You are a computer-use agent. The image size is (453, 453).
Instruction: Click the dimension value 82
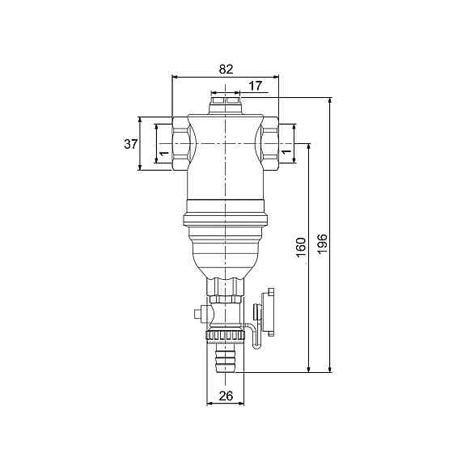click(x=226, y=70)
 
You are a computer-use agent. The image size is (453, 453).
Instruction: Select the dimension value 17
click(x=256, y=86)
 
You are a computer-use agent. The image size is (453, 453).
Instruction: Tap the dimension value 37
click(x=131, y=144)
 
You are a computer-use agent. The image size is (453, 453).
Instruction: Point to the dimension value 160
click(x=301, y=248)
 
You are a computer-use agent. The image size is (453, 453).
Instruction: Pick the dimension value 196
click(x=322, y=244)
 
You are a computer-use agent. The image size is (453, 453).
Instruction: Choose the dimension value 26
click(x=226, y=396)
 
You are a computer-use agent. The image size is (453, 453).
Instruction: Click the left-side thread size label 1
click(x=164, y=153)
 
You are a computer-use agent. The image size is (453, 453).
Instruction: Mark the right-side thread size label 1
click(x=286, y=150)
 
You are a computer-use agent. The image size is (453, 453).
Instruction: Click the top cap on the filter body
click(x=226, y=106)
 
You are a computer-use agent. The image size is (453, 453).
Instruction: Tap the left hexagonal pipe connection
click(x=180, y=143)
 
